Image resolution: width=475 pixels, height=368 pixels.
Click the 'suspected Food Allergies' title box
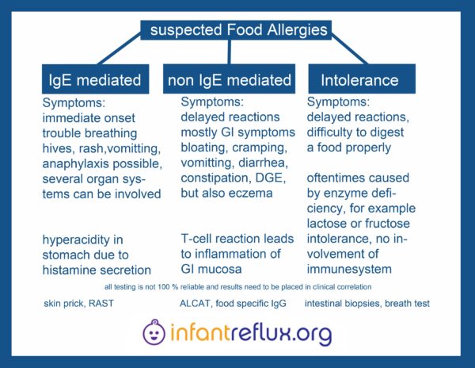click(x=236, y=30)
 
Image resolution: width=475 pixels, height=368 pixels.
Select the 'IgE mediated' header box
click(x=96, y=79)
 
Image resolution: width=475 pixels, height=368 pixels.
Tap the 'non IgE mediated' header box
click(x=229, y=79)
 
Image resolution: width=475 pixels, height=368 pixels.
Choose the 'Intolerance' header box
click(x=362, y=79)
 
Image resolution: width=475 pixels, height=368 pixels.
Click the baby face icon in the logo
click(x=154, y=332)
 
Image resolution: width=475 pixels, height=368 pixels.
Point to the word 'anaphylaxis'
click(x=76, y=164)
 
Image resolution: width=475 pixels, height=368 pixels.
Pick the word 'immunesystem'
click(x=349, y=270)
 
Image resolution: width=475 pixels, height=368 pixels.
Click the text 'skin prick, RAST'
click(x=78, y=304)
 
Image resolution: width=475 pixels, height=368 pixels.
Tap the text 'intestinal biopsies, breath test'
click(x=367, y=304)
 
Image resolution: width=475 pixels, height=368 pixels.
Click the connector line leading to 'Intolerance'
click(x=350, y=49)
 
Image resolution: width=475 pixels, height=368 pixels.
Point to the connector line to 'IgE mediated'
click(x=120, y=49)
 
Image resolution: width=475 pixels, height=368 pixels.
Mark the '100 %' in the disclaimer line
click(x=168, y=286)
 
